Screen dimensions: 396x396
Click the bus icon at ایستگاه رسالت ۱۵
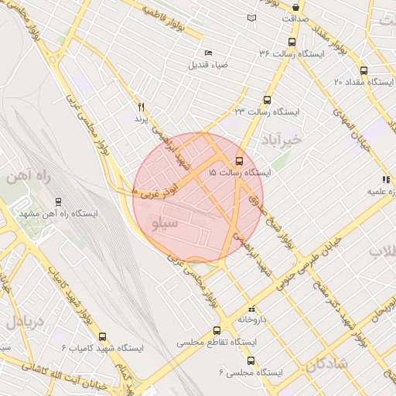pyautogui.click(x=238, y=162)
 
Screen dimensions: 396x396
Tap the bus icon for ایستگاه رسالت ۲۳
pyautogui.click(x=267, y=100)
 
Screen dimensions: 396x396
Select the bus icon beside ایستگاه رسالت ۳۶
pyautogui.click(x=292, y=42)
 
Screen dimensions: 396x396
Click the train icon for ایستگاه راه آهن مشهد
pyautogui.click(x=59, y=203)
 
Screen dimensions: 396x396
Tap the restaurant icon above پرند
pyautogui.click(x=141, y=107)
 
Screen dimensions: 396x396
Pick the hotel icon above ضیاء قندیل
pyautogui.click(x=208, y=52)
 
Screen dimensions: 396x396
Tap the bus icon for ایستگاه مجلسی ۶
pyautogui.click(x=250, y=360)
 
